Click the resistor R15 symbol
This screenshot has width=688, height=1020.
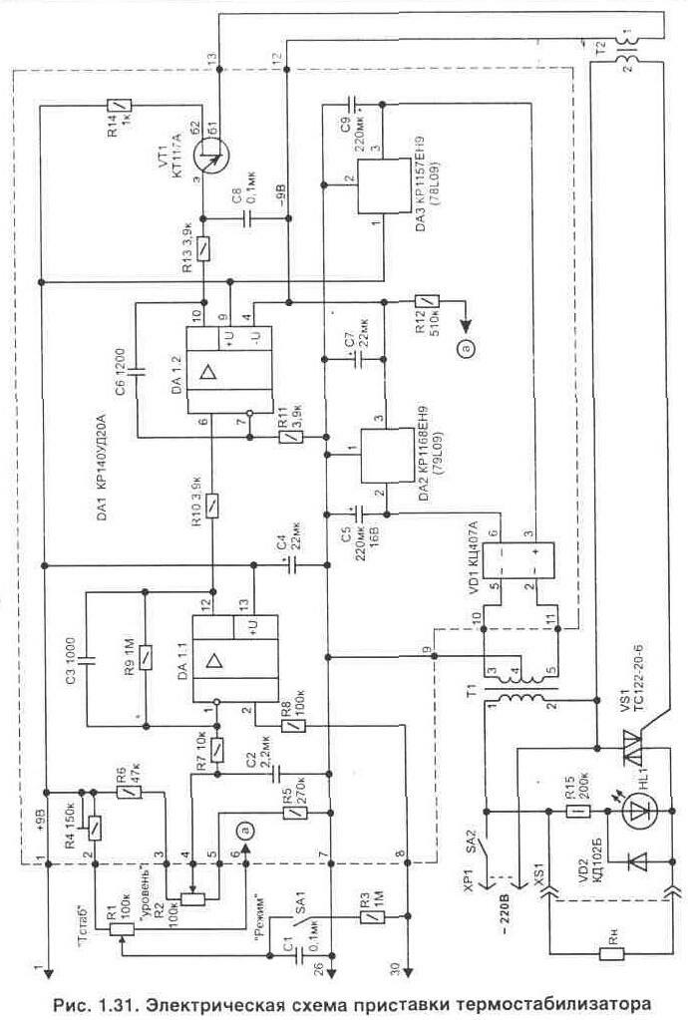click(575, 813)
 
